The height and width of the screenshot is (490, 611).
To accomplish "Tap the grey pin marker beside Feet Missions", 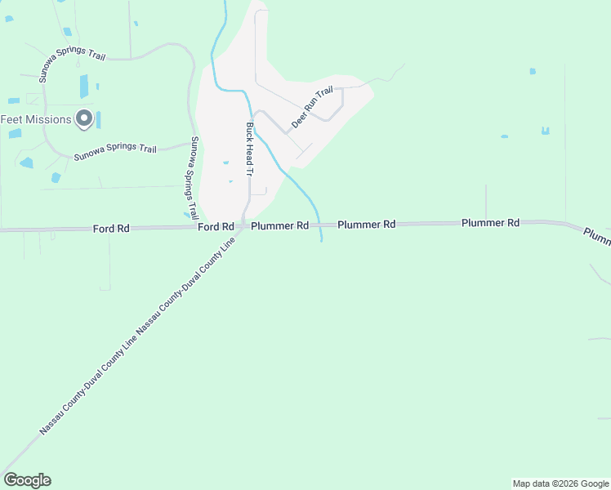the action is [83, 119].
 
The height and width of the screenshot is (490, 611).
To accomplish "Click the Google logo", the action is [27, 480].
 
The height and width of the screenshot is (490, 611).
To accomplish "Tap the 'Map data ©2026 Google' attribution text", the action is [560, 483].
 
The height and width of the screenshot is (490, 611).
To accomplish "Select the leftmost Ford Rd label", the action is [111, 229].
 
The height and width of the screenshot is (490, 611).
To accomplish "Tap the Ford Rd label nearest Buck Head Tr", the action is [216, 226].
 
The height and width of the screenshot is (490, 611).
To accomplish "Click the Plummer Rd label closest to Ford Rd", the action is [279, 225].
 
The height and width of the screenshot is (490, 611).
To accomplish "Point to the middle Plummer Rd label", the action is [366, 224].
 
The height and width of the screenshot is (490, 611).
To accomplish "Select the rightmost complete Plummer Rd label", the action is [490, 222].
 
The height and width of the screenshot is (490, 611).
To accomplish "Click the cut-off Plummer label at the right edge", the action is [597, 236].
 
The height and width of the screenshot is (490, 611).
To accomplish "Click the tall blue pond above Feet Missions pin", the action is [84, 86].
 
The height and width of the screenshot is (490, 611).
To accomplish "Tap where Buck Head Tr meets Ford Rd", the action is [245, 226].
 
